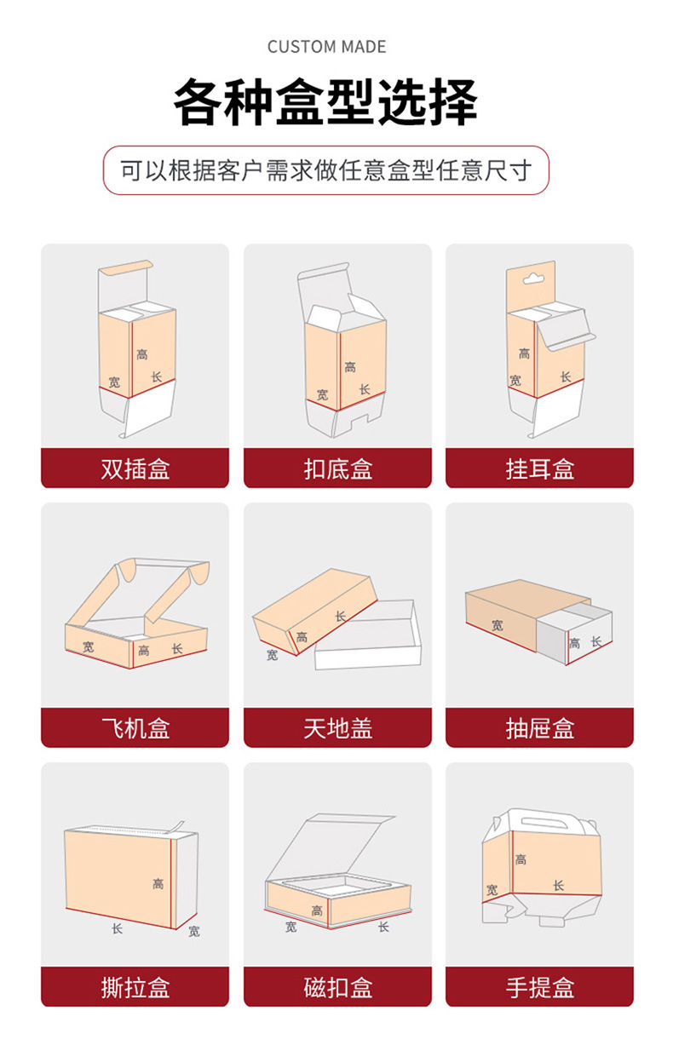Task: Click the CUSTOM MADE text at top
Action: click(x=326, y=47)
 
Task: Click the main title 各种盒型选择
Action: click(x=326, y=102)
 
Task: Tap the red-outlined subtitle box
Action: click(x=326, y=170)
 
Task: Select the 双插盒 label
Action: click(x=135, y=468)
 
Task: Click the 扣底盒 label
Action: click(x=337, y=468)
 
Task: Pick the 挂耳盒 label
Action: click(x=539, y=468)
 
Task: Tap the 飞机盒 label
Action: click(x=135, y=728)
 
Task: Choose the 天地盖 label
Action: click(x=337, y=728)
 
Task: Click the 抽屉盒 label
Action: click(x=539, y=728)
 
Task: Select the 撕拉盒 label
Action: click(x=135, y=987)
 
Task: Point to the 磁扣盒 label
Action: click(x=337, y=987)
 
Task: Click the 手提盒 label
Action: click(x=539, y=987)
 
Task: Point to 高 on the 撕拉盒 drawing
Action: click(x=158, y=884)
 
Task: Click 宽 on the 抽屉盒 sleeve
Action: click(x=497, y=625)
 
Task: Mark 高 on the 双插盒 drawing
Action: click(x=141, y=353)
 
